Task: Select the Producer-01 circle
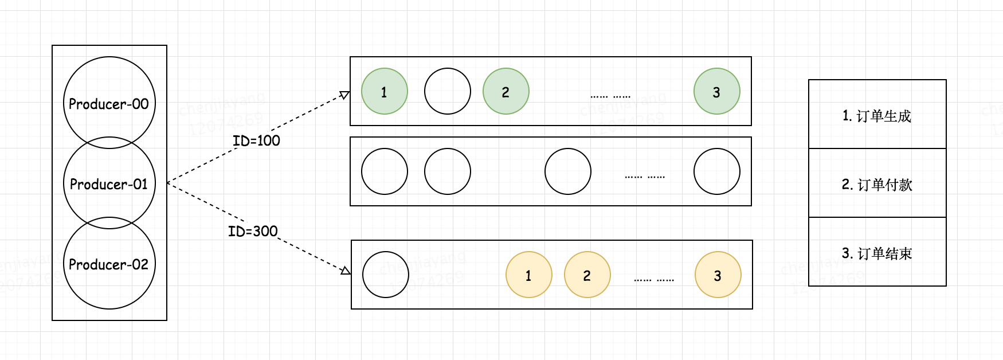109,183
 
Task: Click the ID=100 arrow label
256,140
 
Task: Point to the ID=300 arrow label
253,231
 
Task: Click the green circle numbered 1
384,91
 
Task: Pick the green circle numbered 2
506,91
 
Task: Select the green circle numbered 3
716,91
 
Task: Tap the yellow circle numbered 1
528,275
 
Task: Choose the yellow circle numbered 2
587,275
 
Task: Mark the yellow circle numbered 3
718,275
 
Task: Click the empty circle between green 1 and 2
447,91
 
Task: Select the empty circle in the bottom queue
385,275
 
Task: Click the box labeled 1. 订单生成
877,115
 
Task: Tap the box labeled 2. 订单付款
877,183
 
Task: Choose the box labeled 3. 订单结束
877,252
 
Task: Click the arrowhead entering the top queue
344,95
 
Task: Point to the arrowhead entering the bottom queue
346,271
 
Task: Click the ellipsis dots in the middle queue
645,177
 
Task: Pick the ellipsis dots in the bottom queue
654,280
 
